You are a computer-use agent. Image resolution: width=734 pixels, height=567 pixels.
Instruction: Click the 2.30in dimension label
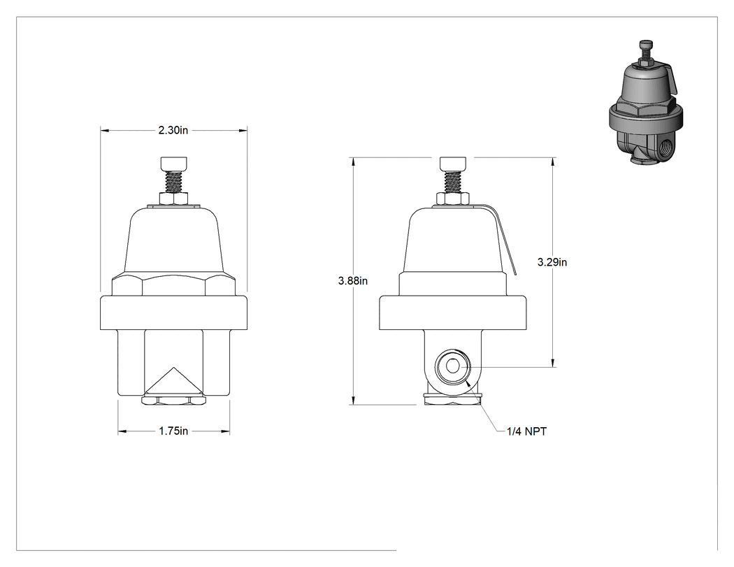tap(173, 130)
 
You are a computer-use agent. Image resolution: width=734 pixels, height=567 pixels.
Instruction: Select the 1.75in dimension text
tap(173, 431)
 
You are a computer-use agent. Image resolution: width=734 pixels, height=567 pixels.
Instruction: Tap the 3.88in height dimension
tap(353, 281)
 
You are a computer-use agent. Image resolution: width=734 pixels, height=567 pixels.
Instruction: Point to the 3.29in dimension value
tap(552, 262)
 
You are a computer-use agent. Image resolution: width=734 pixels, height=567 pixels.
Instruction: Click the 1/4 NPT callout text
tap(526, 431)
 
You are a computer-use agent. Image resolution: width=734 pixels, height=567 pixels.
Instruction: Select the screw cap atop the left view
tap(173, 164)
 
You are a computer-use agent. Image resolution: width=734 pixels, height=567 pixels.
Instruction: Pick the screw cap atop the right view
tap(453, 164)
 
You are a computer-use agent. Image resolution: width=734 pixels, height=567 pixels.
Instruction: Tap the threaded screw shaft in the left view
tap(173, 182)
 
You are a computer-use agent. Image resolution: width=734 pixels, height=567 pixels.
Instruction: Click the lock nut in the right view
tap(453, 199)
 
